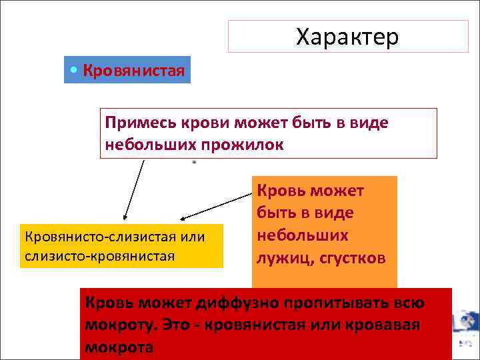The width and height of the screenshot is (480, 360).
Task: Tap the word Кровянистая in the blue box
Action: point(133,71)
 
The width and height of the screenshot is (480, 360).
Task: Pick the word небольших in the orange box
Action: point(302,236)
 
